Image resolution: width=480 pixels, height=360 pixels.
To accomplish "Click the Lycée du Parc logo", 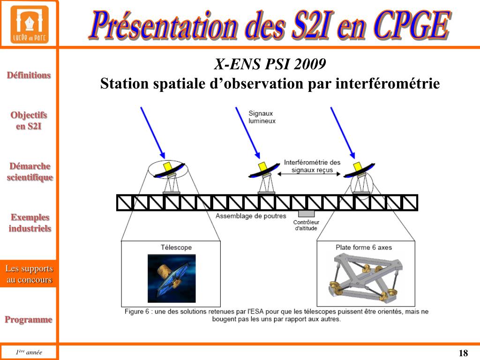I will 29,24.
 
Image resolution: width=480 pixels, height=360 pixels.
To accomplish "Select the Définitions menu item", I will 29,75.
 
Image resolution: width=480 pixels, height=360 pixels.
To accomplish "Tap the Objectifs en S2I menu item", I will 29,120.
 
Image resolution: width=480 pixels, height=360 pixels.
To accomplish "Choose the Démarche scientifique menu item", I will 30,172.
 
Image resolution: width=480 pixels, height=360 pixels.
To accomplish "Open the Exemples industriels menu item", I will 30,223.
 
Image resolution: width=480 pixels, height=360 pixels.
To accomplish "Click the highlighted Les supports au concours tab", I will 29,274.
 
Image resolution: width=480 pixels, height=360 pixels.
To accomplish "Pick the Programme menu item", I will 29,320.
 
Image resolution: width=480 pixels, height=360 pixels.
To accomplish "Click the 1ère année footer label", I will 29,352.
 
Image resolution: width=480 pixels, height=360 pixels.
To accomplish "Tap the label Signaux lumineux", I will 262,117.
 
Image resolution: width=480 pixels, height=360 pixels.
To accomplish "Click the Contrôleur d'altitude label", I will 306,225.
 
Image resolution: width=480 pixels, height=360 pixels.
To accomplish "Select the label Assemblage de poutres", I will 251,216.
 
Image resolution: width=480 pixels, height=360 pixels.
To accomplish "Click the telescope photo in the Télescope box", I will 171,278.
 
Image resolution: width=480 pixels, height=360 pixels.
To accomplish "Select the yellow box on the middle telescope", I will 262,167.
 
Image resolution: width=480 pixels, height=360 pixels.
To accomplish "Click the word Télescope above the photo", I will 176,247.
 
